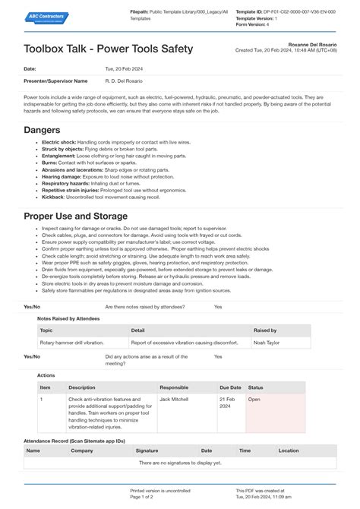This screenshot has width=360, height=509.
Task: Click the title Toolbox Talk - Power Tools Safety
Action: click(108, 49)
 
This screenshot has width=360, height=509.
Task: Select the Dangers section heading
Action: click(42, 130)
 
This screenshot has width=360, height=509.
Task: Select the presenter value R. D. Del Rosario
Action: click(123, 81)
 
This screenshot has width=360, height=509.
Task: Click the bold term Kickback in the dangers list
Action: click(53, 197)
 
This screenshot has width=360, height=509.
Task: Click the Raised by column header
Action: click(265, 330)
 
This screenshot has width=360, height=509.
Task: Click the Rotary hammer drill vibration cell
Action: click(74, 343)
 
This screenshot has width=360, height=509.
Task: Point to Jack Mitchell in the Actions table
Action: click(174, 398)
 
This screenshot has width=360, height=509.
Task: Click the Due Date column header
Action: click(230, 387)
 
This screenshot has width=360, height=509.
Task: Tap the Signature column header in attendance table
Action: click(147, 451)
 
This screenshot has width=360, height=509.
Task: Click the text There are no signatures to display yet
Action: click(180, 462)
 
